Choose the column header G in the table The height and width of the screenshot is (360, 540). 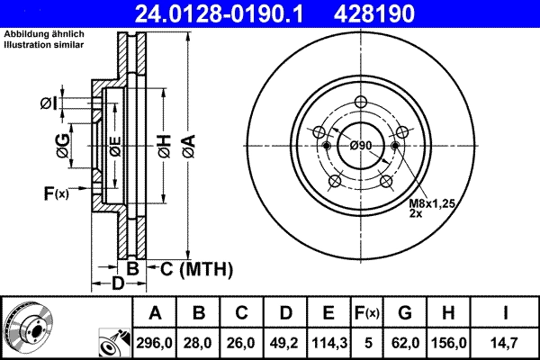405,312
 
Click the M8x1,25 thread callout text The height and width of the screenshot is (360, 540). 434,205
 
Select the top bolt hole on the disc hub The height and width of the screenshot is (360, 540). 361,102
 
